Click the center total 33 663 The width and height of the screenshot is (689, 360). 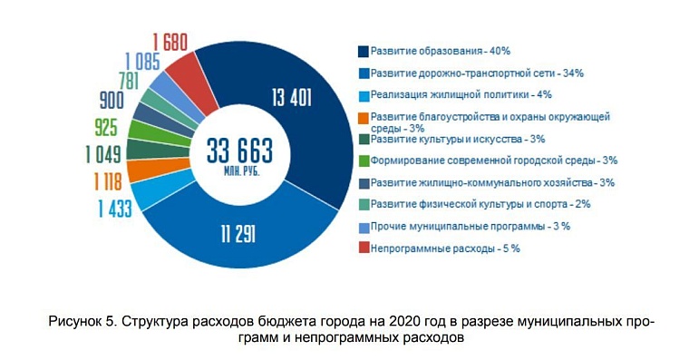238,149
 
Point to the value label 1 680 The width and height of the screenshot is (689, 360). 170,40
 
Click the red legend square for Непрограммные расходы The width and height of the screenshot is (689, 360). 363,248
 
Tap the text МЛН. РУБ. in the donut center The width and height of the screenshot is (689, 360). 238,169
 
